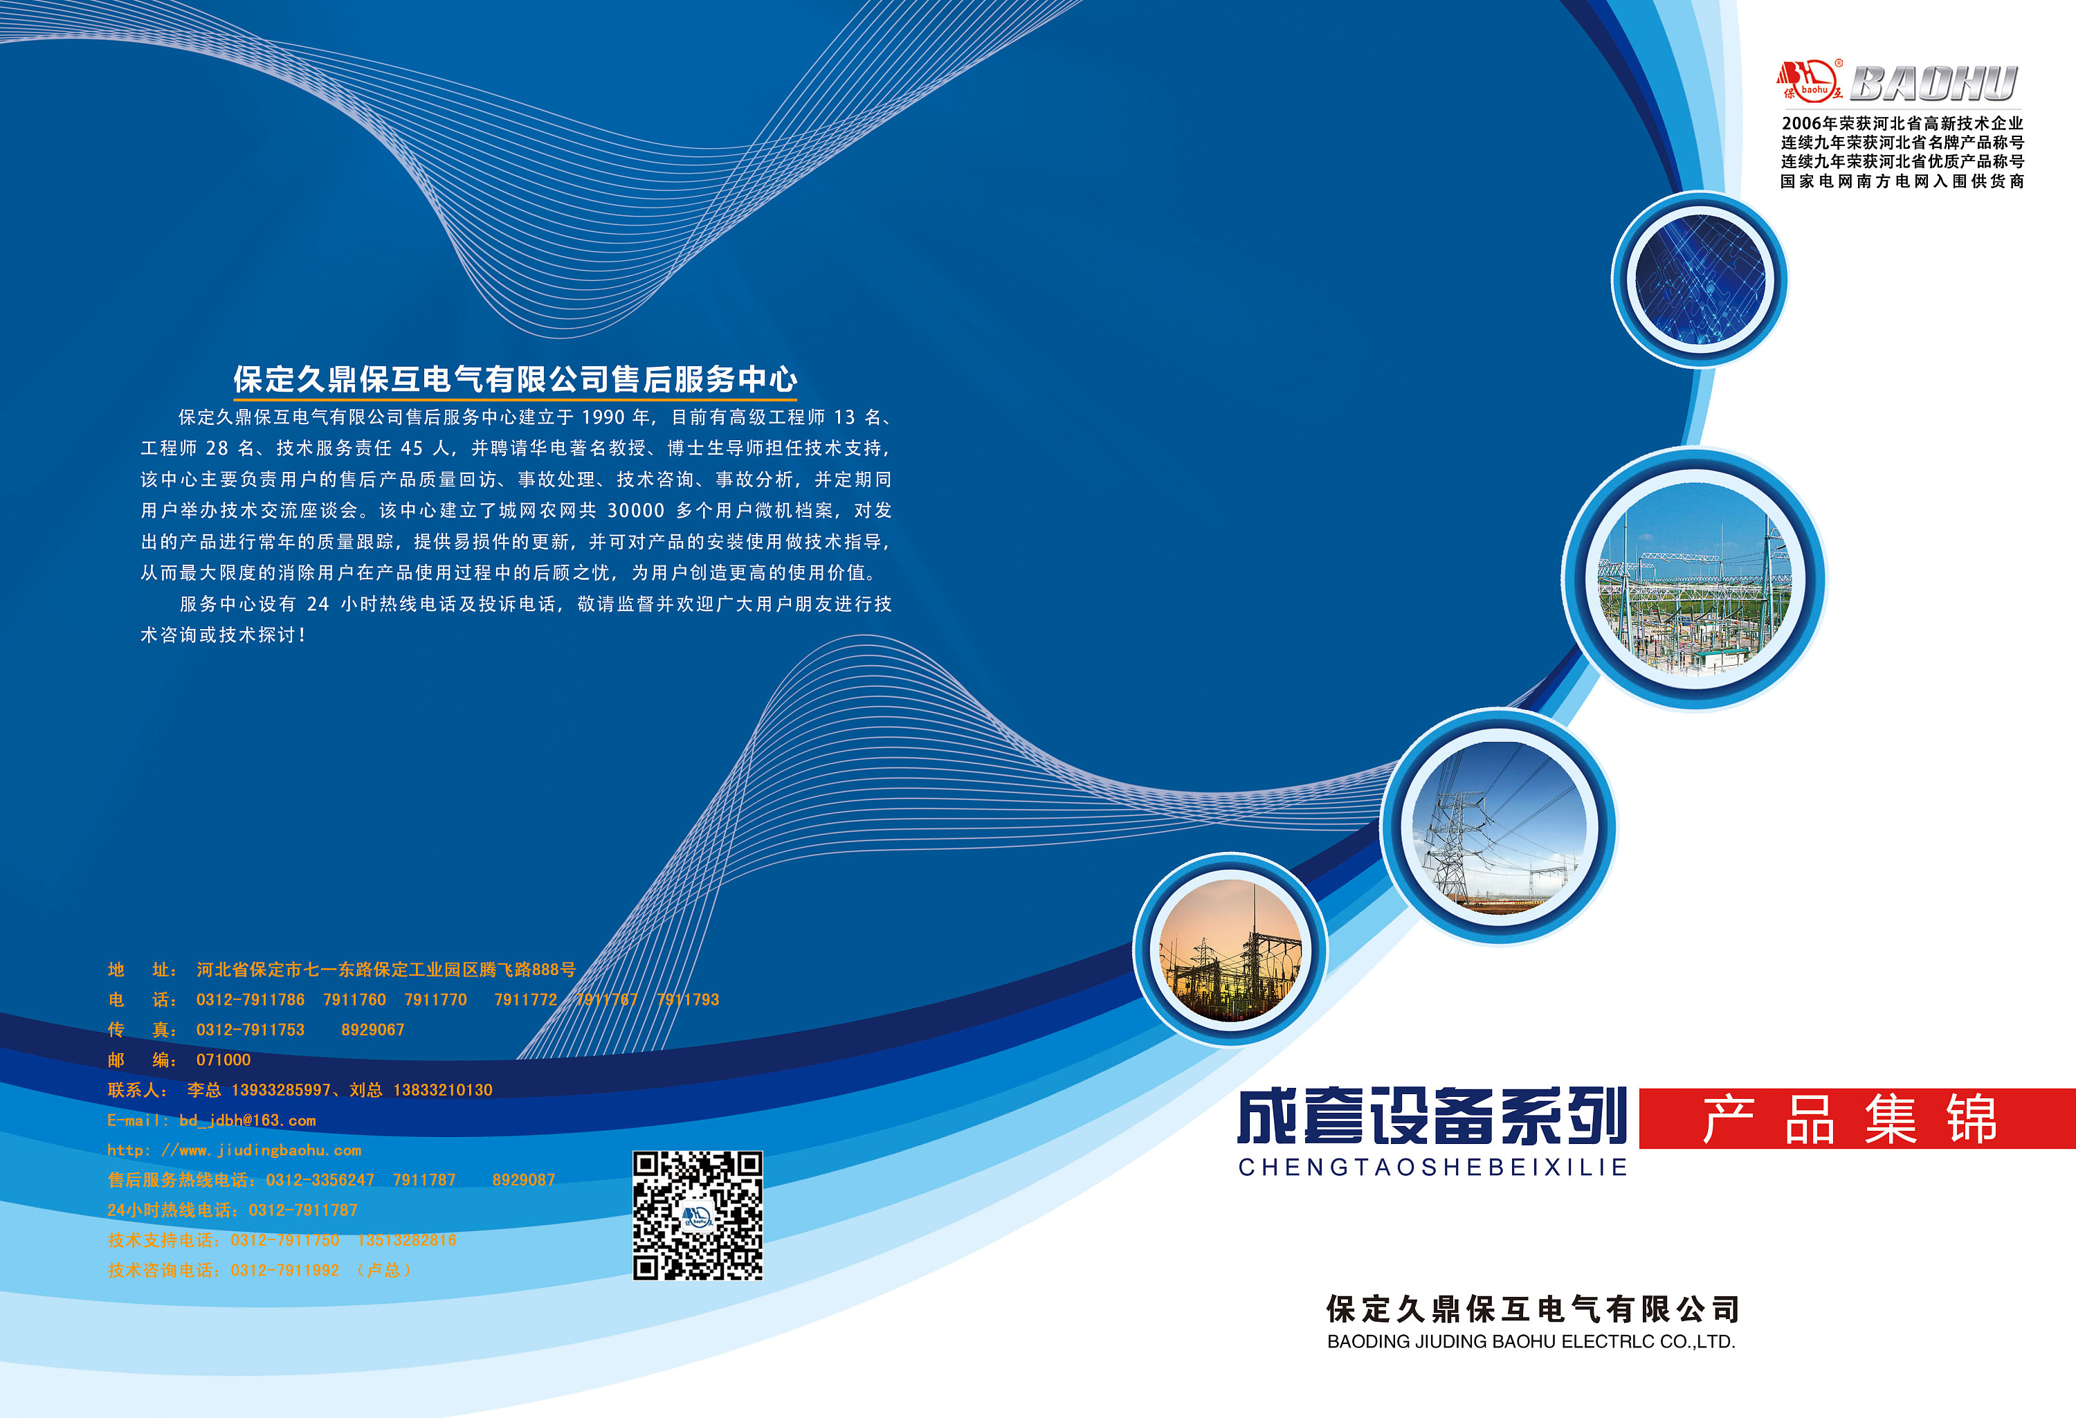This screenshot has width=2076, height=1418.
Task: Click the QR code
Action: pos(698,1215)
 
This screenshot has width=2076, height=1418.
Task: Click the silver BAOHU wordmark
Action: pos(1933,83)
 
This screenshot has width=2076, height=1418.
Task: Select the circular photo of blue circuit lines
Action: pos(1699,280)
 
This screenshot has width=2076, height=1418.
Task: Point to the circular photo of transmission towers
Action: pos(1499,826)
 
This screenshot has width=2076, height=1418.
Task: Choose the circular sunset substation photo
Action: pos(1230,951)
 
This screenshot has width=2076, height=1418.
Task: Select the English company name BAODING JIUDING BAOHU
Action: pos(1530,1342)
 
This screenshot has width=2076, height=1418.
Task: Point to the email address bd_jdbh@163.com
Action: pos(248,1120)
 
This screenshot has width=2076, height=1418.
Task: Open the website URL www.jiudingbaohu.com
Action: pos(271,1151)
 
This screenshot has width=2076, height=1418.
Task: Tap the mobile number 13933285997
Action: pos(280,1090)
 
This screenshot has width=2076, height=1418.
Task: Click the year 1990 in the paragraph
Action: pos(603,417)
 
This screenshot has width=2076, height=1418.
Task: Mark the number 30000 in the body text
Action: pos(636,511)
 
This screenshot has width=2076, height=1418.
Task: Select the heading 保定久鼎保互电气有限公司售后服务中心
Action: pos(516,380)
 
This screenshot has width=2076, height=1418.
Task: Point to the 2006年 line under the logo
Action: pos(1902,123)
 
